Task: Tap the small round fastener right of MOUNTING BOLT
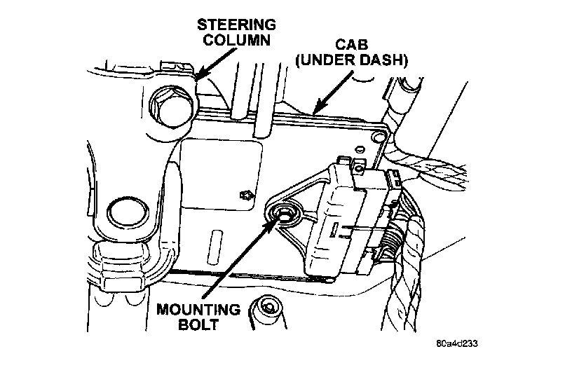[267, 308]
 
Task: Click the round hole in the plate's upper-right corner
[379, 132]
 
